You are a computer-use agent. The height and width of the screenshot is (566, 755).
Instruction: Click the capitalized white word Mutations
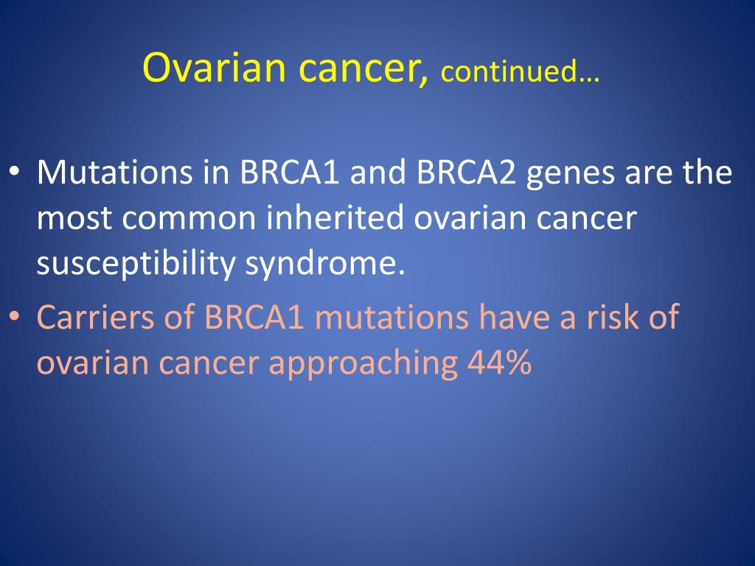[114, 172]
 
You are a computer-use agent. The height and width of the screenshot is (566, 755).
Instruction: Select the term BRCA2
[466, 172]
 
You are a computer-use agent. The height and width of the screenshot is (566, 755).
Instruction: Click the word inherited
[335, 217]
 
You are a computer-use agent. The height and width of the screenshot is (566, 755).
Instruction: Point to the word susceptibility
[136, 265]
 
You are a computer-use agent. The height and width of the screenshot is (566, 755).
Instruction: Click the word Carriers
[95, 317]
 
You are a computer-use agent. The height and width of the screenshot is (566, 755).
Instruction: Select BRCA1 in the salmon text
[254, 317]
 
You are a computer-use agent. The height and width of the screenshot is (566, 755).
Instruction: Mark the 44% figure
[499, 362]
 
